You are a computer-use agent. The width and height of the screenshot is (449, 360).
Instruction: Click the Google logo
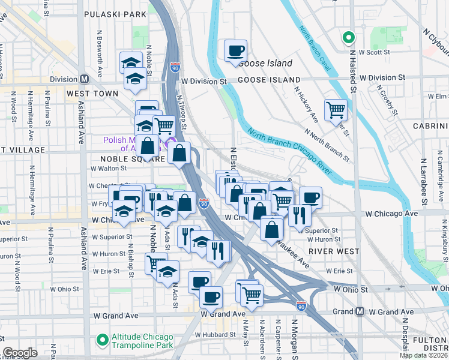(x=20, y=353)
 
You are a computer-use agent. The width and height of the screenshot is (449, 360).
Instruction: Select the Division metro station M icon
(x=85, y=79)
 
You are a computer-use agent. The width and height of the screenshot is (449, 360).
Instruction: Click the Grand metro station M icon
(x=360, y=311)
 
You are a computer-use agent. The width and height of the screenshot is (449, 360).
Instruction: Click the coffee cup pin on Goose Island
(x=235, y=50)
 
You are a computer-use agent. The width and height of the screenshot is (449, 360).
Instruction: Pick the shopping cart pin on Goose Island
(x=335, y=110)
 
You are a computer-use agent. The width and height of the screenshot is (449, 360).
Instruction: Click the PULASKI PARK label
(x=115, y=14)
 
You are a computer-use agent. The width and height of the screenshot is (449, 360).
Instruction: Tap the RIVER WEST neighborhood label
(x=334, y=251)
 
